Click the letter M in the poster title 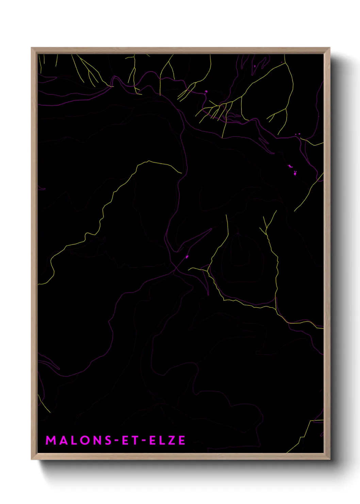tap(51, 440)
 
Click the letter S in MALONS tap(108, 440)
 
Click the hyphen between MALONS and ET tap(116, 441)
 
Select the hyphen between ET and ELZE tap(143, 441)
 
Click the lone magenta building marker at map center tap(187, 256)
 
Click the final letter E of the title tap(182, 440)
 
